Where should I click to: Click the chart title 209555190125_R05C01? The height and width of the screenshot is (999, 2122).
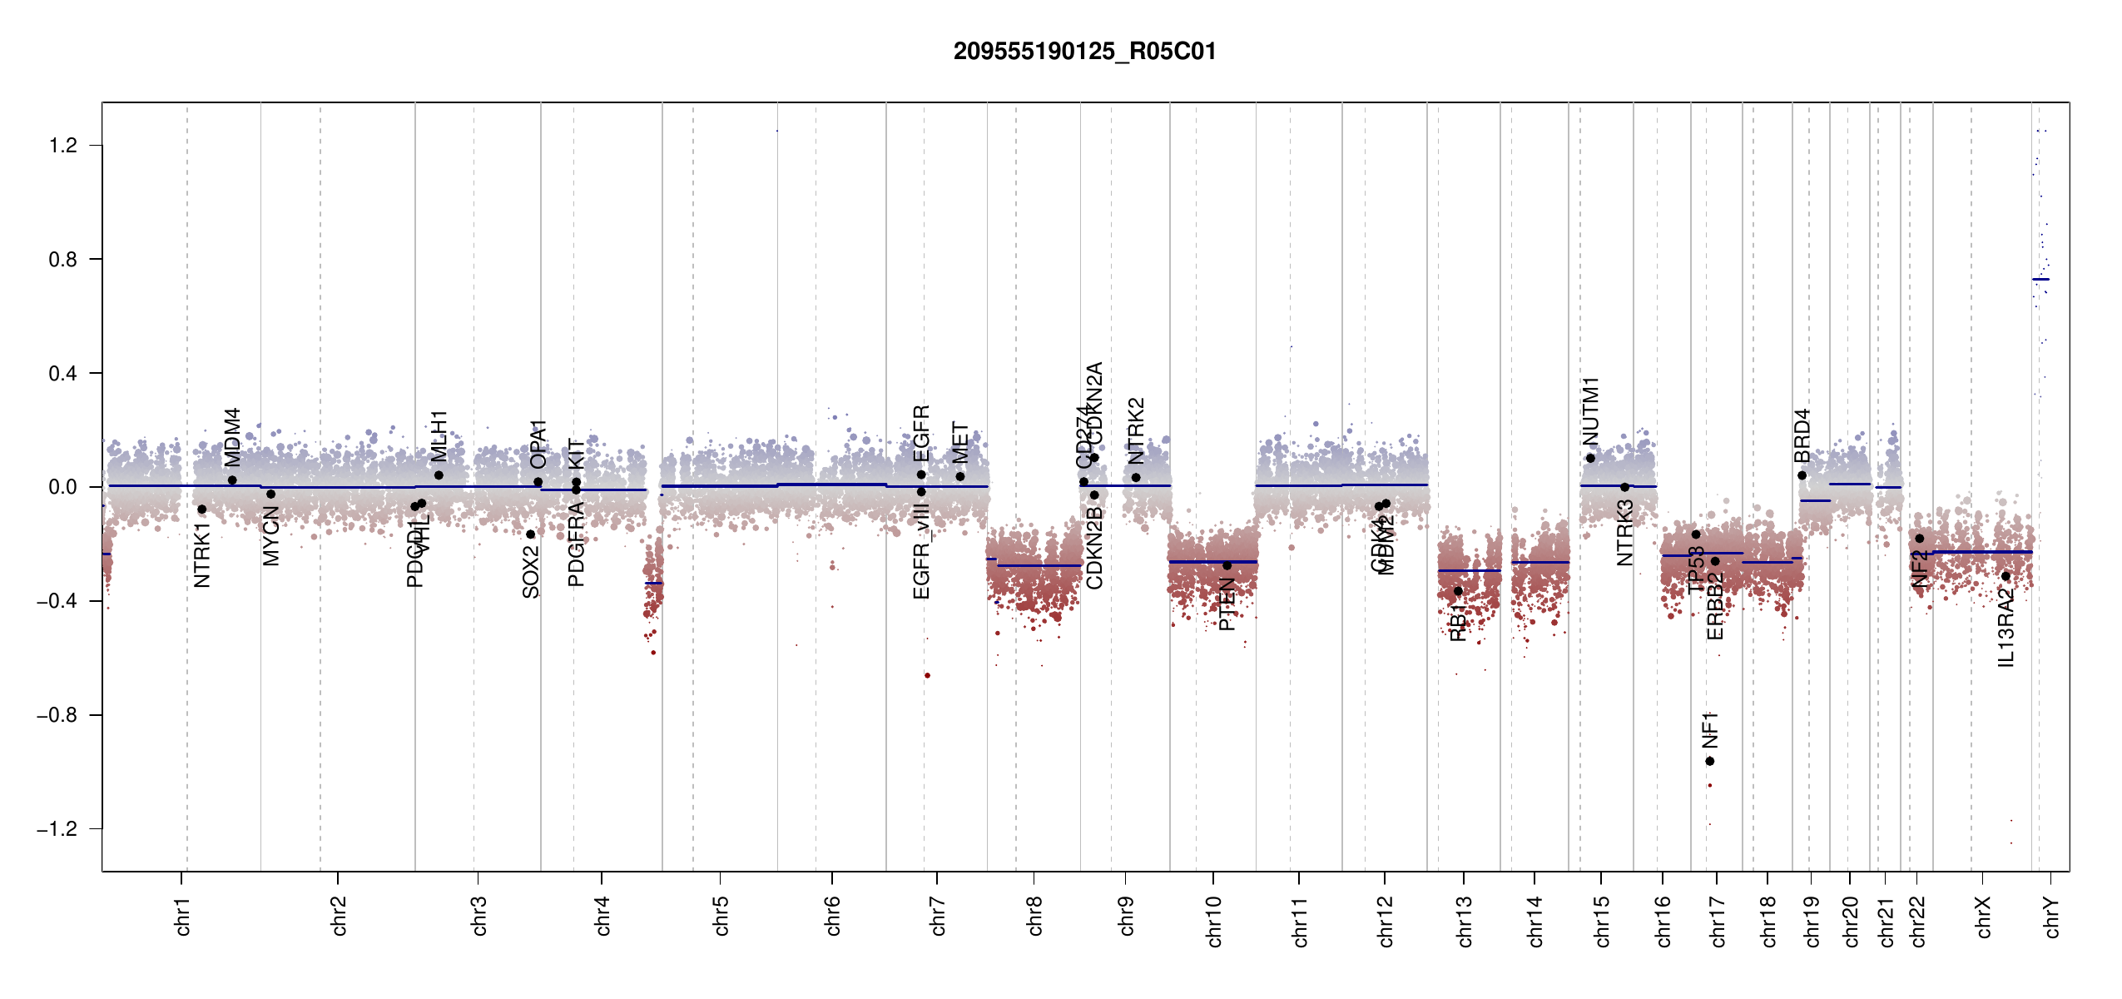(1084, 52)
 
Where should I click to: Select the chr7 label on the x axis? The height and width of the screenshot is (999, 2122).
(938, 916)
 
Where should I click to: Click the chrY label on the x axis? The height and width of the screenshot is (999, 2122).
(2052, 917)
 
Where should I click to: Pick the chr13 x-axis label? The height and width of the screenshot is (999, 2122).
(1465, 921)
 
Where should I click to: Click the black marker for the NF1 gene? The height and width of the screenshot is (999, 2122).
(1710, 761)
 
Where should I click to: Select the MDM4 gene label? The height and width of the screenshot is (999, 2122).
(232, 437)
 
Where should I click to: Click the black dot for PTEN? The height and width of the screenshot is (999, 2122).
(1227, 565)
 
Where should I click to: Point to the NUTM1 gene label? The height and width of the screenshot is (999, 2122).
(1590, 411)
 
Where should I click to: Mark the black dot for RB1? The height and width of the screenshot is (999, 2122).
(1458, 591)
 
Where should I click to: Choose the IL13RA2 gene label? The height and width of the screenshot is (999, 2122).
(2006, 628)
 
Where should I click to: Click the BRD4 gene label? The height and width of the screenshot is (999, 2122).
(1802, 435)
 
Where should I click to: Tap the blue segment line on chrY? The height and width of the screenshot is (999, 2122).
(2040, 280)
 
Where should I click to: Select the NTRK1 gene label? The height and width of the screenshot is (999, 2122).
(202, 555)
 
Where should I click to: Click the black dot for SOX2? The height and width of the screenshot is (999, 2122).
(531, 534)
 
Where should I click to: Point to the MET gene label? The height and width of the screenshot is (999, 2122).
(960, 443)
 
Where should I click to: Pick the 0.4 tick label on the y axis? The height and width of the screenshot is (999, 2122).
(63, 374)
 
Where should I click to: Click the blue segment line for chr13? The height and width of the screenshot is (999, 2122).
(1469, 570)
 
